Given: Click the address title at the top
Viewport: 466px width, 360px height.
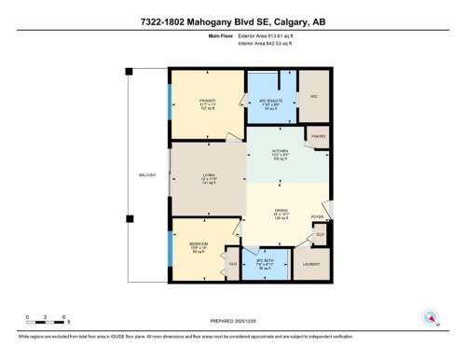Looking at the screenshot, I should point(233,22).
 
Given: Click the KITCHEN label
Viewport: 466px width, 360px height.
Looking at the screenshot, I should point(278,153).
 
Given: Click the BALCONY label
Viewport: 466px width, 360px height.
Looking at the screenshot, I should point(148,174).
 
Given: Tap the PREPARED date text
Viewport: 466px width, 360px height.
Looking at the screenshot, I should point(232,319).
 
